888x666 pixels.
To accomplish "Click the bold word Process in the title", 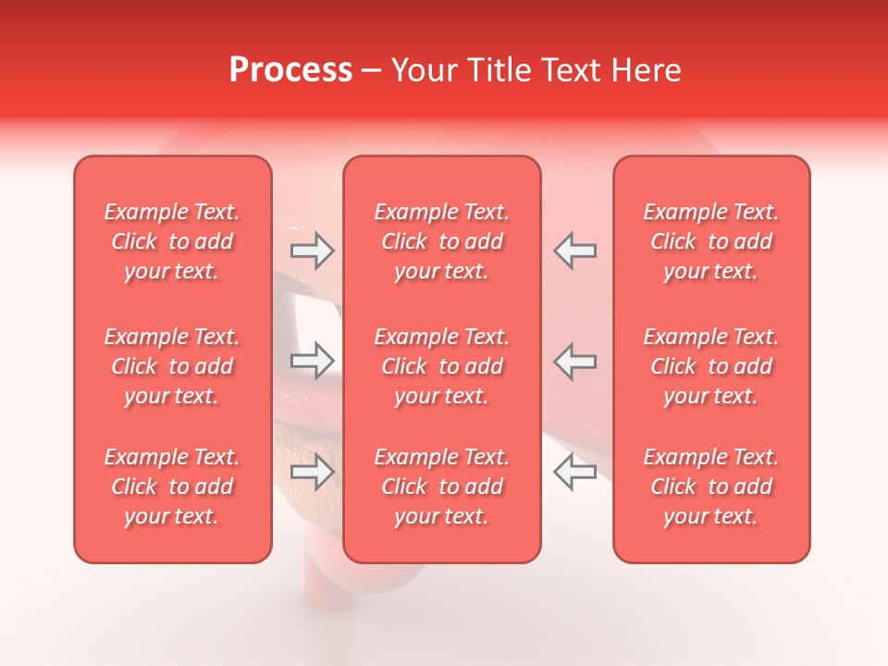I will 290,70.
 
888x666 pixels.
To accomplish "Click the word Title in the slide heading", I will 501,70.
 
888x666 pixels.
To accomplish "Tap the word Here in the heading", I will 647,70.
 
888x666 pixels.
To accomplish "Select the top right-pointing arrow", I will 313,250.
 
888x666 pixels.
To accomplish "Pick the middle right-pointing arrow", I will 313,361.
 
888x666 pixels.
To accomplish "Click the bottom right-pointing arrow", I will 313,472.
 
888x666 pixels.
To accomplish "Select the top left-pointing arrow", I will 574,250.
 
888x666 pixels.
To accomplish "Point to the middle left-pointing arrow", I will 574,361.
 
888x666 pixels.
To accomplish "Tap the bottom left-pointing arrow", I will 574,472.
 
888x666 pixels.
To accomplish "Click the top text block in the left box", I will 172,241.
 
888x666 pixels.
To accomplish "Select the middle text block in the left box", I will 172,366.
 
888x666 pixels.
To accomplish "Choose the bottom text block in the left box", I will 172,487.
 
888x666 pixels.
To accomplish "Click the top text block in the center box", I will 442,241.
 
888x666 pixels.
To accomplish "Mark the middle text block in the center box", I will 442,366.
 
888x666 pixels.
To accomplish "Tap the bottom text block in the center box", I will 442,487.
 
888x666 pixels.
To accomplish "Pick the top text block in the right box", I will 711,241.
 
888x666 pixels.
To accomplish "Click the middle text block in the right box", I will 711,366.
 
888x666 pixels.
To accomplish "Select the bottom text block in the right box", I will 711,487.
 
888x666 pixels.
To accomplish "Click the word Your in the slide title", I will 424,70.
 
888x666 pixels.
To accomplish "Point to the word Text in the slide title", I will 576,70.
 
